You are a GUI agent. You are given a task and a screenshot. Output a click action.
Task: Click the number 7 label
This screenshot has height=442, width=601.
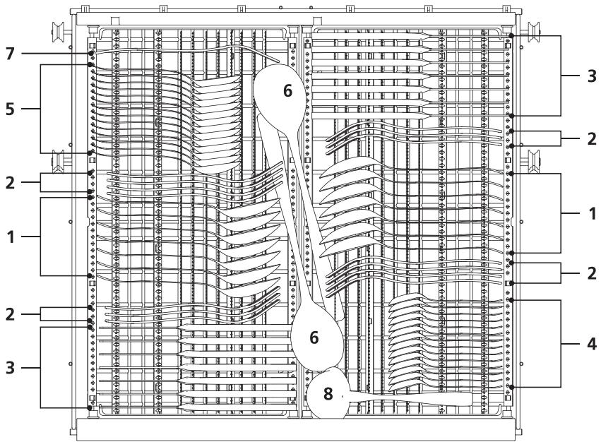(11, 54)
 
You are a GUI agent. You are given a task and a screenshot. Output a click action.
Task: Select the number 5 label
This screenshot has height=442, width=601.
(11, 109)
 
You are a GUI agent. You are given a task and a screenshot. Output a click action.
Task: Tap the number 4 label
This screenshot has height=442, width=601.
(592, 344)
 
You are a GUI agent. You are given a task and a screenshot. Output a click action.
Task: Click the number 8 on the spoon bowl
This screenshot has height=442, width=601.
(328, 394)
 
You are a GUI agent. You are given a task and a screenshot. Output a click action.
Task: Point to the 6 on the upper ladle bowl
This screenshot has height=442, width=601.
(287, 91)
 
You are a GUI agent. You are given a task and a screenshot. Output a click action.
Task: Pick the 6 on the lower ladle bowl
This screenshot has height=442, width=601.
(314, 338)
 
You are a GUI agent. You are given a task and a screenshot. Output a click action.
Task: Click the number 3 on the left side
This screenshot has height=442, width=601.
(11, 368)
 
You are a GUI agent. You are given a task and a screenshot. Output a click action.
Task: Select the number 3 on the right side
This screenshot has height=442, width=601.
(592, 76)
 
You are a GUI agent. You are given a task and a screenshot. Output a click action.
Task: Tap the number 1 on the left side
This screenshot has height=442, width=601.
(11, 237)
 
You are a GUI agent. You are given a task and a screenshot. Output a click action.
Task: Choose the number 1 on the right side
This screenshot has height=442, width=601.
(593, 213)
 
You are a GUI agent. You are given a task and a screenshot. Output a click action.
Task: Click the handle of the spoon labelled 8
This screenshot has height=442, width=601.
(410, 398)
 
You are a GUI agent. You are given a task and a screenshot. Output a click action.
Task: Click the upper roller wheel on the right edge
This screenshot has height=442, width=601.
(533, 30)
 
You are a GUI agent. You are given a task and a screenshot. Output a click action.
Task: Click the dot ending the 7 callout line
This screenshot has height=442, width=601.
(91, 53)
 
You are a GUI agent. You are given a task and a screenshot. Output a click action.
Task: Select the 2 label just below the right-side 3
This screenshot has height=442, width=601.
(592, 139)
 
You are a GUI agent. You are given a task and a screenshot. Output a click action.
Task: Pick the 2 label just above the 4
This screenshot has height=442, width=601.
(592, 273)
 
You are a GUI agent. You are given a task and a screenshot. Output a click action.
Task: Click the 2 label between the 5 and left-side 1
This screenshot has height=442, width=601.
(11, 182)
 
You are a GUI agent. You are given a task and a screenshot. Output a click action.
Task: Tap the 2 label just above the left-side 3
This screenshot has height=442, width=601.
(11, 314)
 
